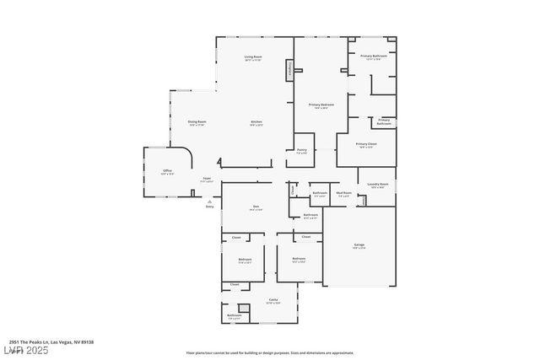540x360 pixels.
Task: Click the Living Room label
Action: pos(253,57)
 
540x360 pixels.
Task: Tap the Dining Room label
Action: pos(197,122)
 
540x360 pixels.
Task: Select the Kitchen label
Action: pos(256,122)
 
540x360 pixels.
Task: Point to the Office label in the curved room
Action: pos(168,171)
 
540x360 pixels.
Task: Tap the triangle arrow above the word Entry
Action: pos(209,201)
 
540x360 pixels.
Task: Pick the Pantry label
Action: pos(301,151)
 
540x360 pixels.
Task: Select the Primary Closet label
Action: pos(365,144)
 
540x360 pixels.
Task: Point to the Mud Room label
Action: pos(343,193)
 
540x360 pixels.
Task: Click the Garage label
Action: pos(359,245)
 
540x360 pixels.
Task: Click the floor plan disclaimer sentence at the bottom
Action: pos(269,352)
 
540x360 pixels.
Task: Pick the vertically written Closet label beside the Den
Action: pos(293,190)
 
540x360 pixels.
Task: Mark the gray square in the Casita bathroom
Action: pos(244,308)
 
